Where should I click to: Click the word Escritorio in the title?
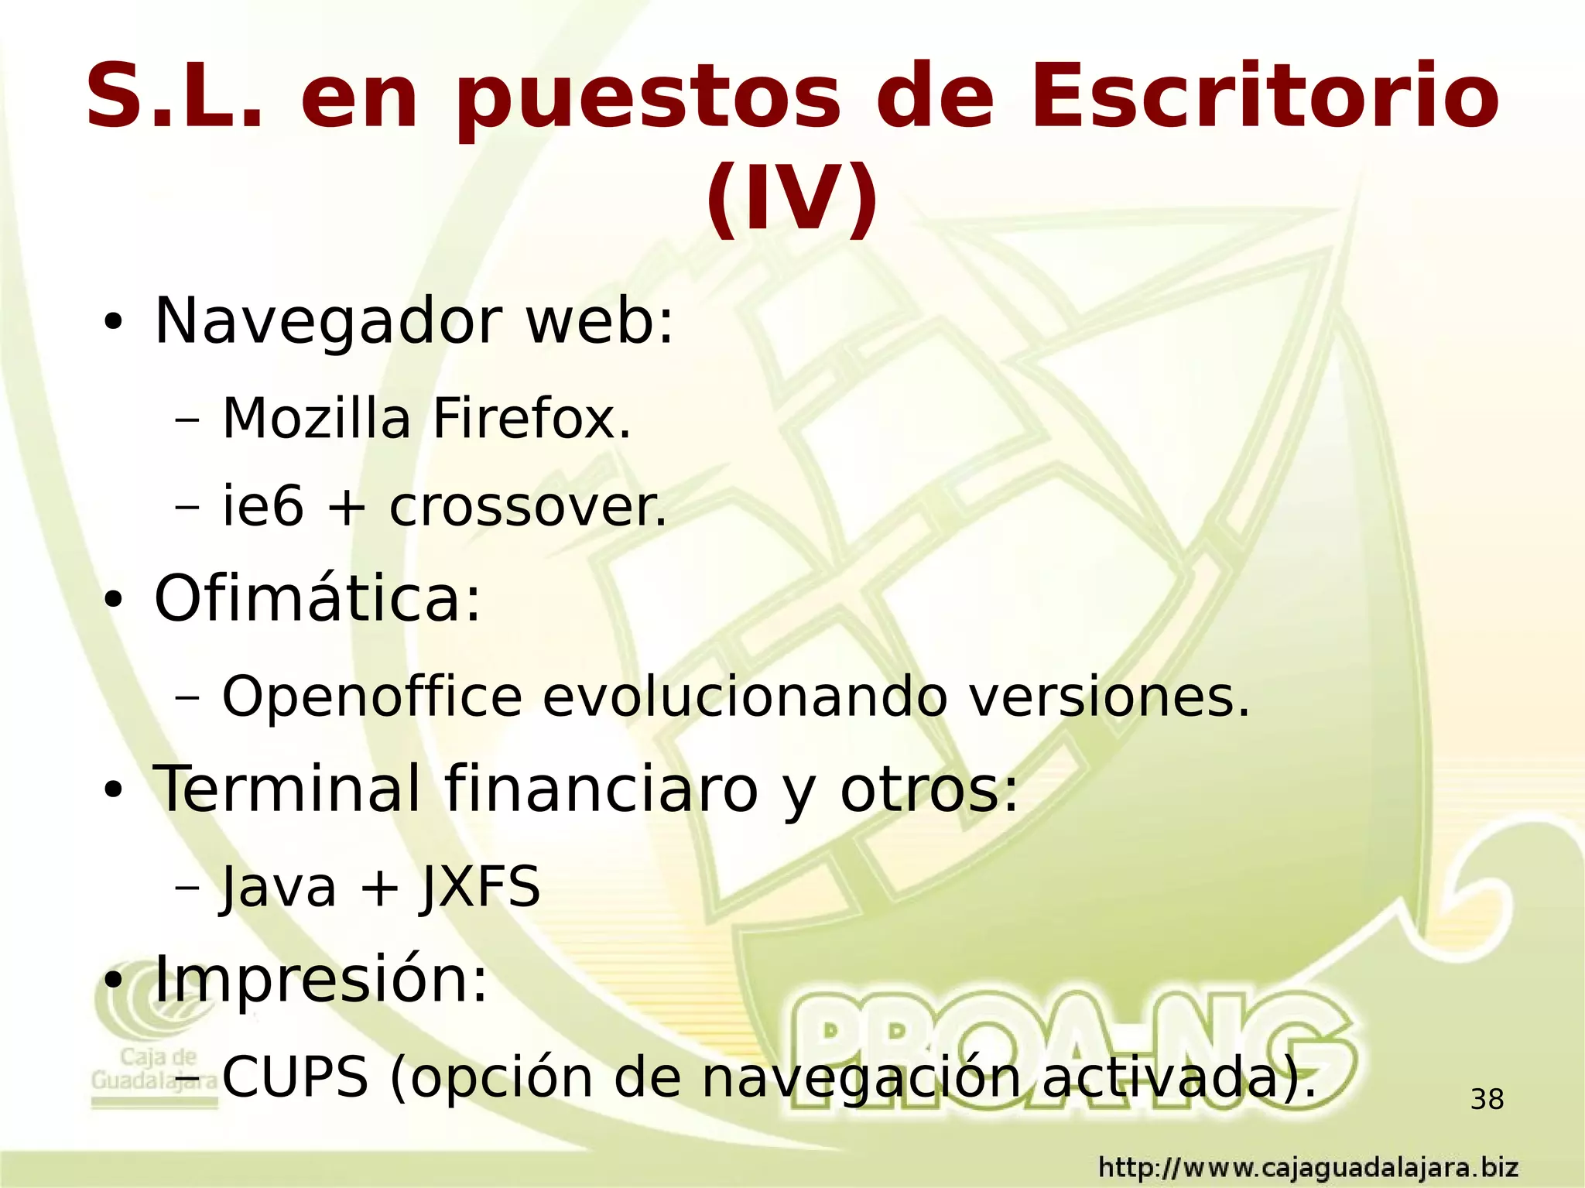[x=1264, y=97]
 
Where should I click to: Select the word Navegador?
[x=329, y=320]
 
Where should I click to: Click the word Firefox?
[x=532, y=419]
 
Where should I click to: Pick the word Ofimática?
[x=317, y=598]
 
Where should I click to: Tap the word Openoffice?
[x=372, y=697]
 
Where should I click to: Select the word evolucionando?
[x=745, y=697]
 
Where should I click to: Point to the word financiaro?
[x=601, y=789]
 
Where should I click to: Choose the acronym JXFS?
[x=479, y=887]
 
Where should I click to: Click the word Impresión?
[x=321, y=978]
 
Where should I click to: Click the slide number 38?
[x=1487, y=1099]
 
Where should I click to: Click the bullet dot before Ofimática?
[x=113, y=601]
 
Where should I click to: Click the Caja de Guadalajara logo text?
[x=155, y=1069]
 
